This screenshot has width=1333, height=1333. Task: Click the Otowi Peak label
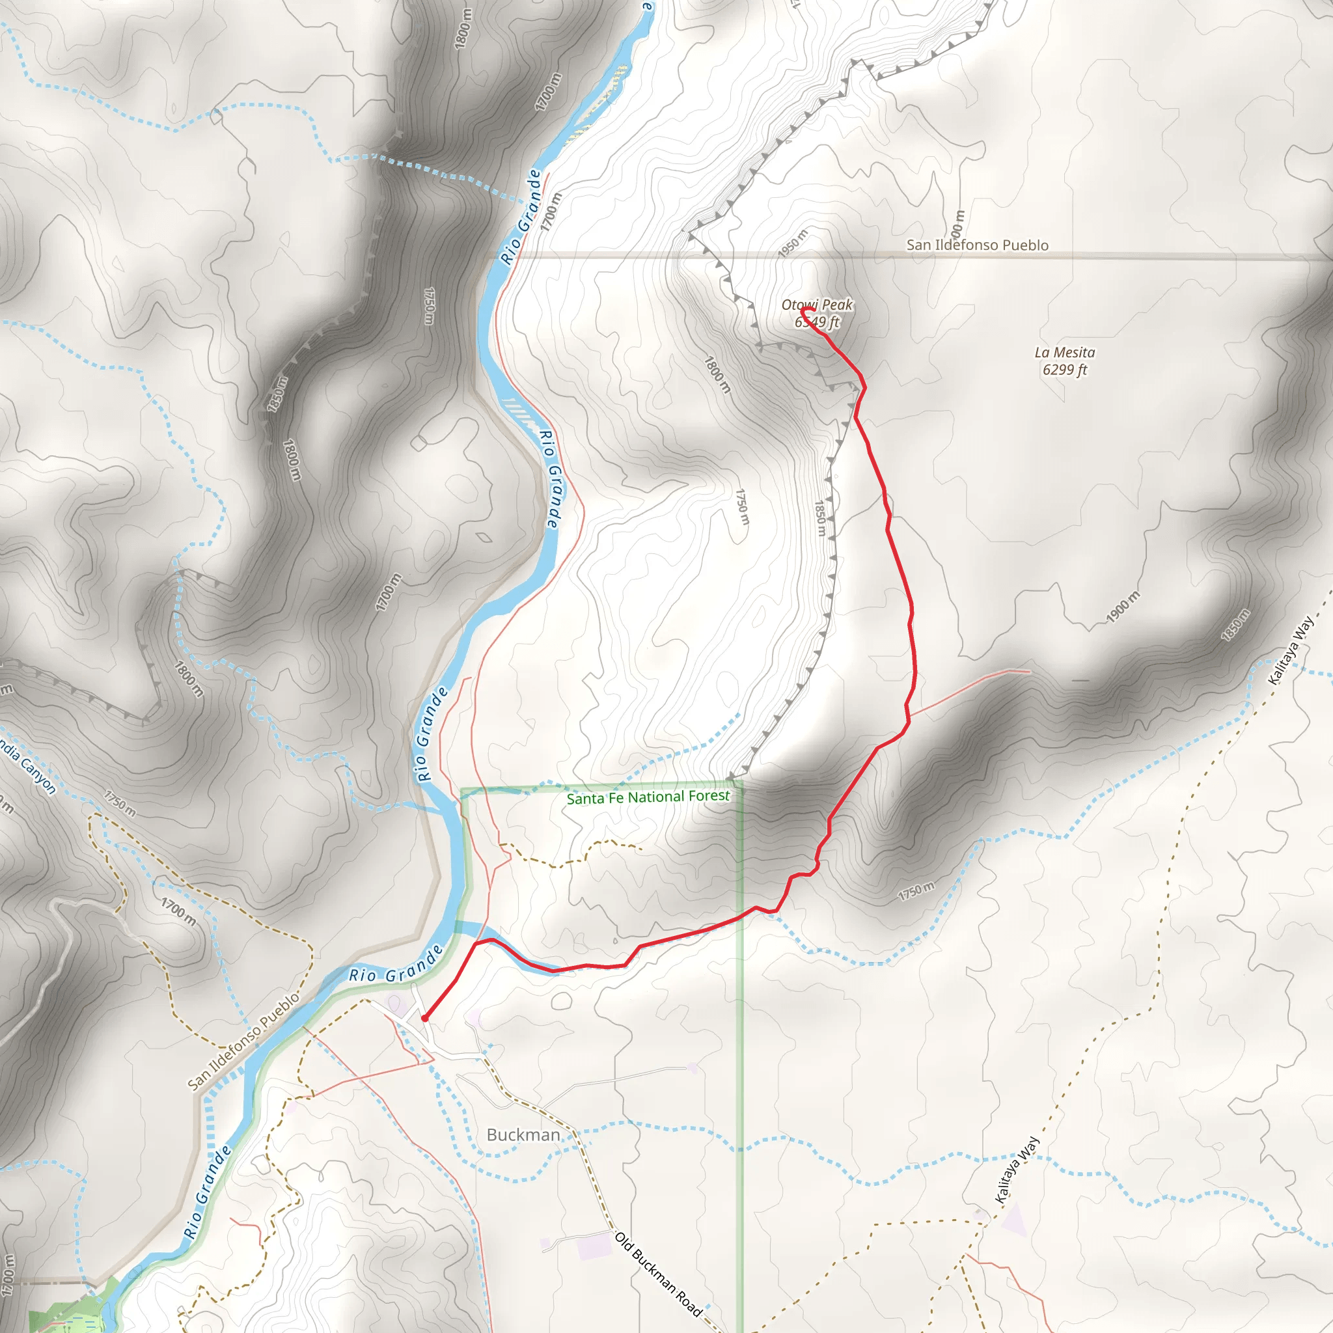click(x=817, y=304)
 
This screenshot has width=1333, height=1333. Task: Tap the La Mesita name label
click(x=1065, y=353)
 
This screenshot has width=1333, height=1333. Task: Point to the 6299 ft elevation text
click(x=1065, y=370)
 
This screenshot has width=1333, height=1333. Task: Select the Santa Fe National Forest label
click(x=648, y=797)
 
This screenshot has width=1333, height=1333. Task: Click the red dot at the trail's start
click(x=425, y=1019)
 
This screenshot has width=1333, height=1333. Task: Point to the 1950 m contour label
click(x=793, y=243)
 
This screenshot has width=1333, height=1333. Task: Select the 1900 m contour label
click(x=1123, y=607)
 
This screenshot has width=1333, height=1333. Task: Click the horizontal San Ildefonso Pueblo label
click(x=977, y=245)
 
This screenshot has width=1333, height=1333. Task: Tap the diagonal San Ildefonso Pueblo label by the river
click(x=244, y=1041)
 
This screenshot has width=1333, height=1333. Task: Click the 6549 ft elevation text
click(x=817, y=322)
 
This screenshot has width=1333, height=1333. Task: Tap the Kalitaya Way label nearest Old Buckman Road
click(x=1017, y=1170)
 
